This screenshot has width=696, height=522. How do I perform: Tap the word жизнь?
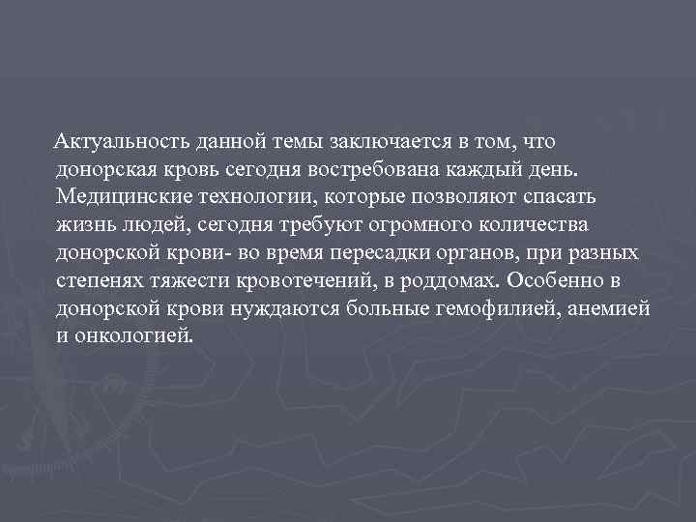pos(84,225)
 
